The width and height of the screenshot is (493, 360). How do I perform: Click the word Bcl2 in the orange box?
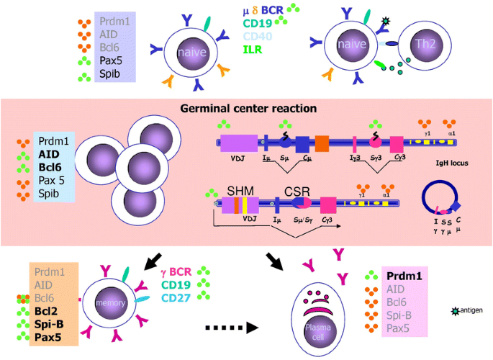46,312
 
